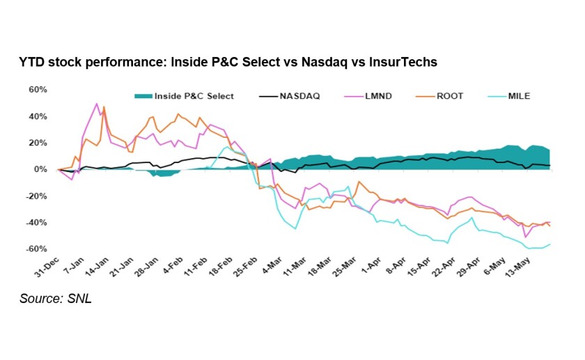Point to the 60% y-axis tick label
click(x=38, y=90)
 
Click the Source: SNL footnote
click(x=56, y=299)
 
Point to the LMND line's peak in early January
click(x=97, y=104)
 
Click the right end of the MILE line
click(x=550, y=244)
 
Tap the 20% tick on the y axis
click(x=38, y=143)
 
